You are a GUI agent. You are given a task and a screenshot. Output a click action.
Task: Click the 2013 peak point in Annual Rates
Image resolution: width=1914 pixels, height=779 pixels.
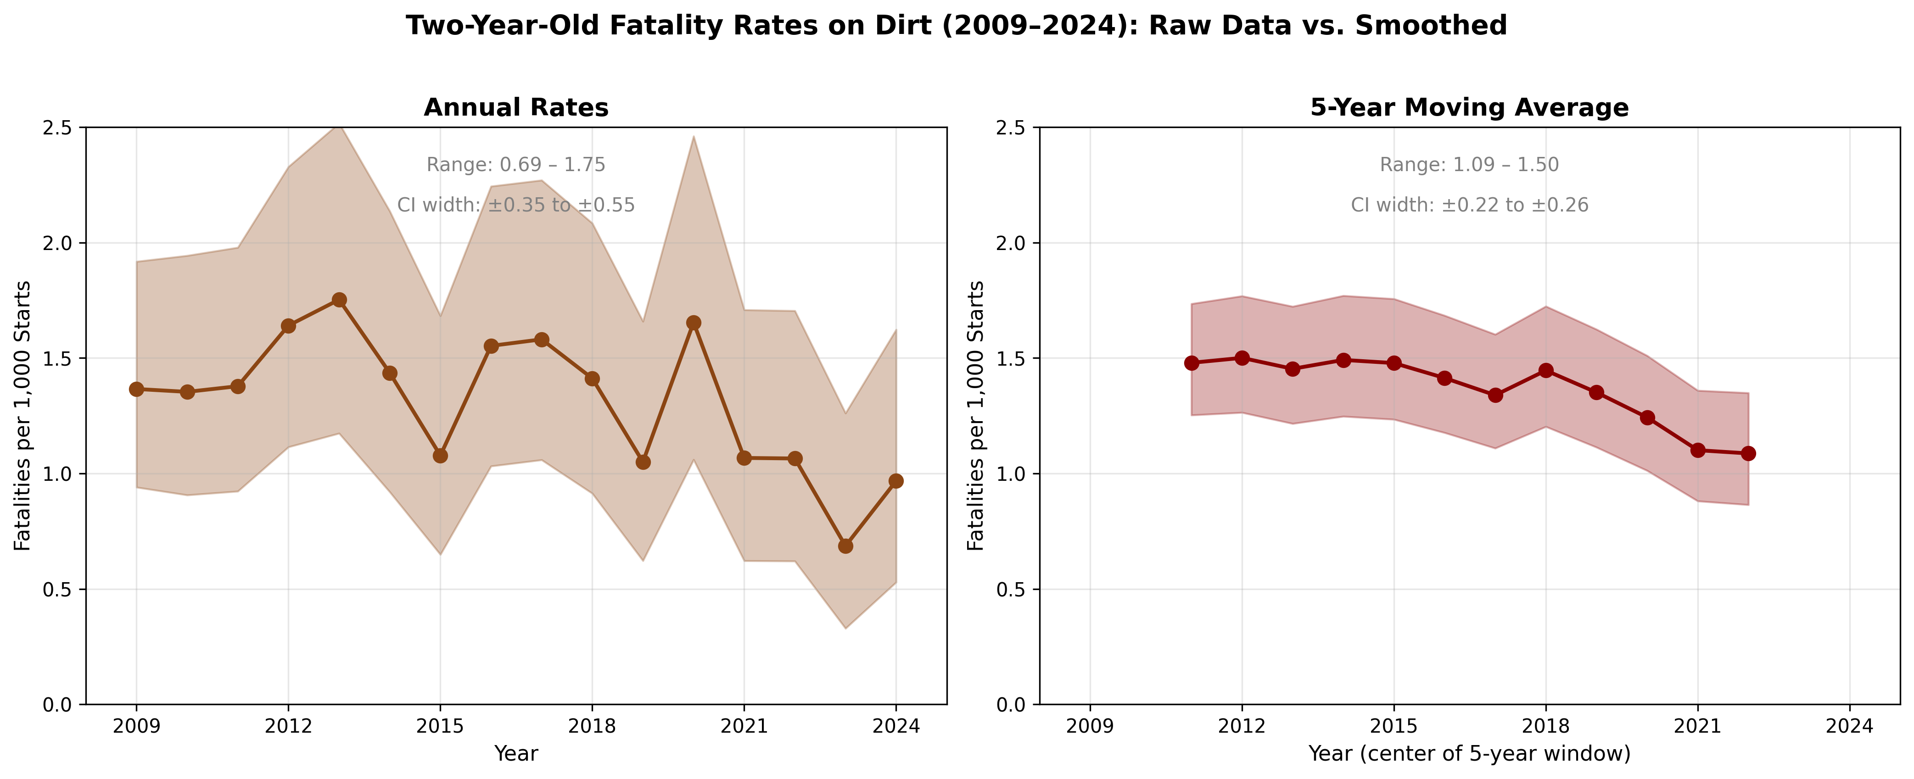339,300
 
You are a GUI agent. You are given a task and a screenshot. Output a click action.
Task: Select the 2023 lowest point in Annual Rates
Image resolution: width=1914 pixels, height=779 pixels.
845,546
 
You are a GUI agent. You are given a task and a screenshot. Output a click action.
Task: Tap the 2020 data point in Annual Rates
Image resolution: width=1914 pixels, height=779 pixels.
693,323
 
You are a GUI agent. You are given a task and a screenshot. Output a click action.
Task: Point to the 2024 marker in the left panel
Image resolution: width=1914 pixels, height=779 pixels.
896,481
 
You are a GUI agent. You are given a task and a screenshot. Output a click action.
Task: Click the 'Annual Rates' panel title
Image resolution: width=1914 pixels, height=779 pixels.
515,108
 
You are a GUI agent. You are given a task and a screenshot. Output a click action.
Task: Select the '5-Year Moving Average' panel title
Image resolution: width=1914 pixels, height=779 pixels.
1469,108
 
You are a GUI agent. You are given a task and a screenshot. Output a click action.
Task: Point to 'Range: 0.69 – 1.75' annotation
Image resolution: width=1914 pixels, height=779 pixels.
515,165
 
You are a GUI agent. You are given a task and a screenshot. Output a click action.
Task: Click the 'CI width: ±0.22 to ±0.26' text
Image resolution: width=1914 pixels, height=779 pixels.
1469,205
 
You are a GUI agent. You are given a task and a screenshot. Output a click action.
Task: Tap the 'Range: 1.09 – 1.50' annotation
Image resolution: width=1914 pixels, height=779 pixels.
1469,165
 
